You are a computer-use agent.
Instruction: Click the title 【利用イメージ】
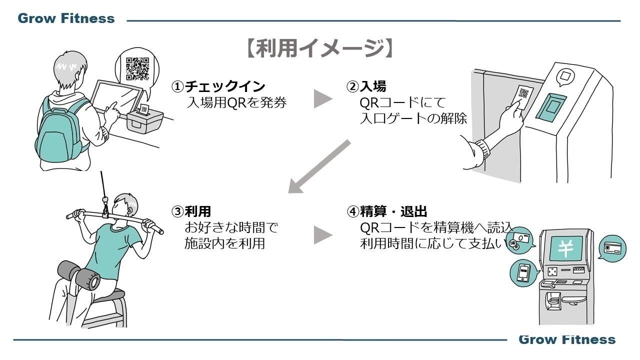pyautogui.click(x=320, y=49)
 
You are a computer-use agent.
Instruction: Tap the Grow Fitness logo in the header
pyautogui.click(x=66, y=19)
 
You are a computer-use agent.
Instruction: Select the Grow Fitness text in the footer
pyautogui.click(x=567, y=340)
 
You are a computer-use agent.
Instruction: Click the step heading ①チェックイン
pyautogui.click(x=218, y=86)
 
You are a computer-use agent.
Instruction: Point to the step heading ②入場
pyautogui.click(x=366, y=86)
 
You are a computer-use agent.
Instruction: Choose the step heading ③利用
pyautogui.click(x=191, y=211)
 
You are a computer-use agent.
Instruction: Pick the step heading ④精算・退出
pyautogui.click(x=387, y=211)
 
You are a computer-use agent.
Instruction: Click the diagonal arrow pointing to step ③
pyautogui.click(x=319, y=166)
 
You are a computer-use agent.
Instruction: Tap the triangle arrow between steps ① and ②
pyautogui.click(x=323, y=98)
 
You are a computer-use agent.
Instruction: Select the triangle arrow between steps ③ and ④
pyautogui.click(x=323, y=234)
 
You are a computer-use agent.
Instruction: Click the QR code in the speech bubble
pyautogui.click(x=137, y=68)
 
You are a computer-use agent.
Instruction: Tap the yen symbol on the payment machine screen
pyautogui.click(x=565, y=248)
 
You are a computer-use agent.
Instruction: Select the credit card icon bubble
pyautogui.click(x=612, y=248)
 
